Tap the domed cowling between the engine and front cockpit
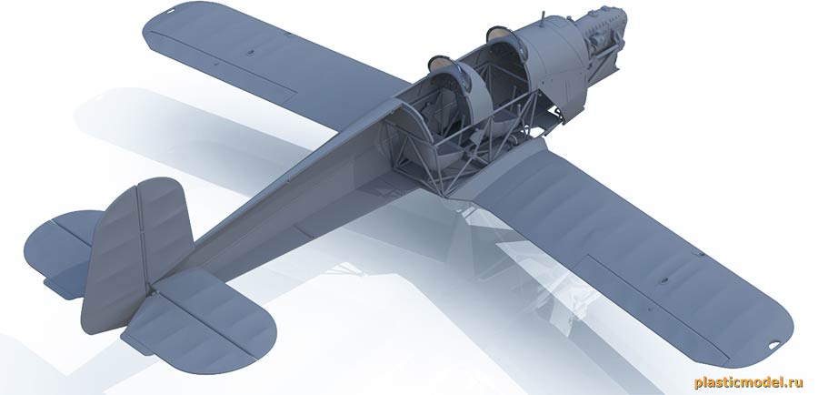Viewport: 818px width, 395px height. click(554, 55)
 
